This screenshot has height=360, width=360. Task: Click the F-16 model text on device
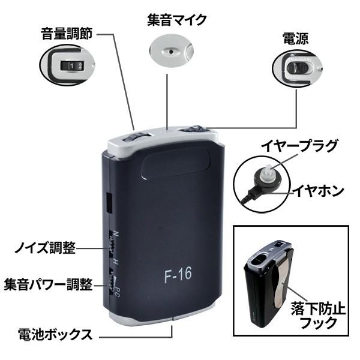point(177,277)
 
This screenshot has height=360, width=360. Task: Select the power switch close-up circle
point(296,68)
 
